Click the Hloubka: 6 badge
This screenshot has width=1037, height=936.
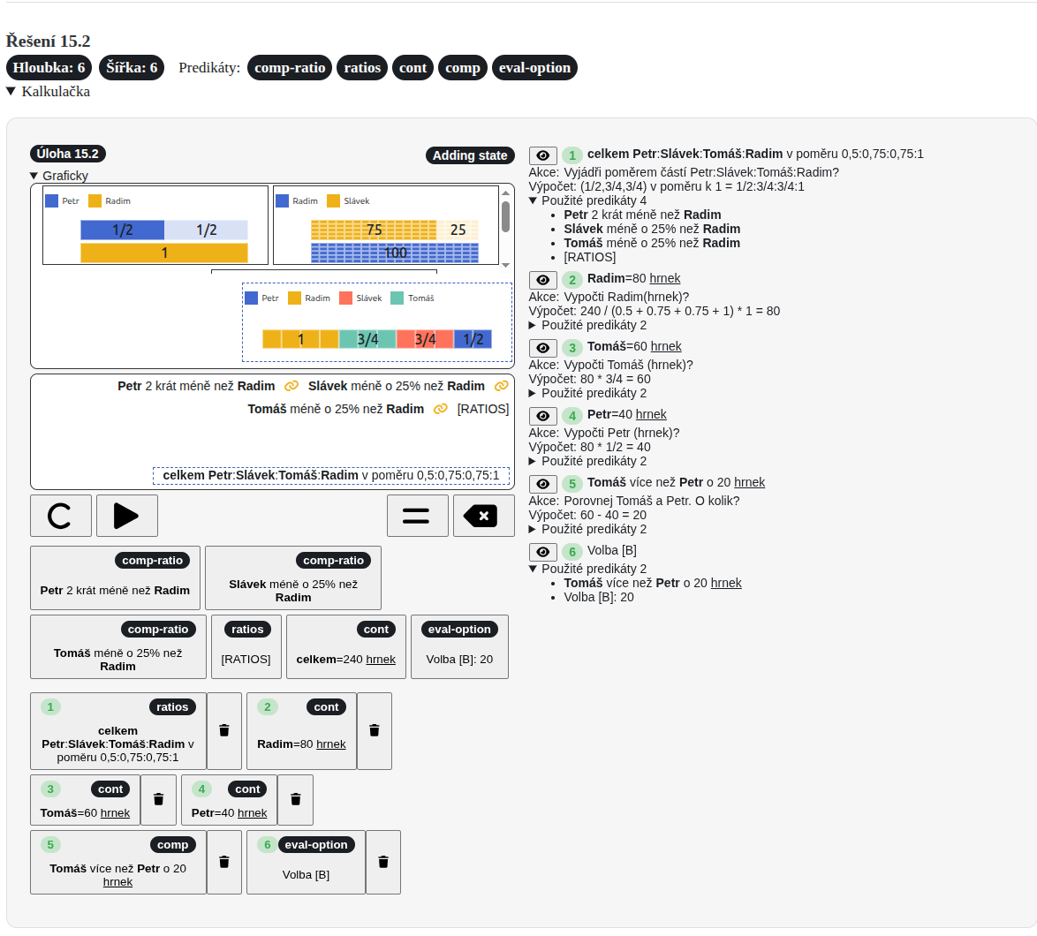49,67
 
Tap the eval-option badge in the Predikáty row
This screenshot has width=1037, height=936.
534,67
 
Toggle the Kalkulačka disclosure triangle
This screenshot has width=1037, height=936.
11,91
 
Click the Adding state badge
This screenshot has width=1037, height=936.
470,155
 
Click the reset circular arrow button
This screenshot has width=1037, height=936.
61,516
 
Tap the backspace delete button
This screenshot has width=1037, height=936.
483,516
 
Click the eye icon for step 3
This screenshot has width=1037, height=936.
543,348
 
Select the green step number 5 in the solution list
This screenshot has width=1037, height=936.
572,483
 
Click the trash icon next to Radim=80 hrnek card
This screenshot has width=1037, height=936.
375,730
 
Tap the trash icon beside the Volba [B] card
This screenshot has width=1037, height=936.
383,862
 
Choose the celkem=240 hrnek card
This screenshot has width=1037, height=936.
346,646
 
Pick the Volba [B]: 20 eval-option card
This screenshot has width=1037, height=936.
459,646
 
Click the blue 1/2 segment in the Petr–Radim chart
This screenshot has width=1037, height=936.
123,230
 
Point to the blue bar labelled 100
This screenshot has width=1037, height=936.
395,253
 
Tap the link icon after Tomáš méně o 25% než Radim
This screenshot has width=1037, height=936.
441,409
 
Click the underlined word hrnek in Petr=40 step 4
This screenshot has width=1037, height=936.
651,414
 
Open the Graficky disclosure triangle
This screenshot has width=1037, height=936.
34,176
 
